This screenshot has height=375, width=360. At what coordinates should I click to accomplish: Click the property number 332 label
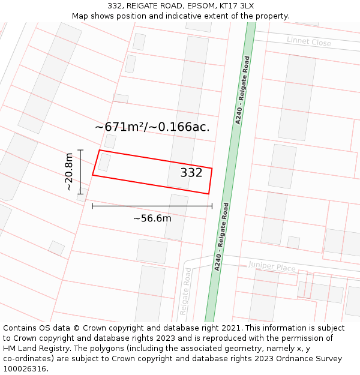click(191, 173)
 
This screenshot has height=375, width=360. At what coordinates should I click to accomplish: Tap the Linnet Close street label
click(309, 41)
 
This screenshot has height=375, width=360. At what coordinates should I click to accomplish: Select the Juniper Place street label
click(272, 266)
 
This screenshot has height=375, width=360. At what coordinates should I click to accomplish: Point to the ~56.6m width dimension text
click(152, 218)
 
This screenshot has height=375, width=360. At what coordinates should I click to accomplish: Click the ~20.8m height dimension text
click(70, 172)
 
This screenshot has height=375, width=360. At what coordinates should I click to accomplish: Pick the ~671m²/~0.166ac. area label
click(152, 127)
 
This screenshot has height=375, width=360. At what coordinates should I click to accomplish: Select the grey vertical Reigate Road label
click(186, 292)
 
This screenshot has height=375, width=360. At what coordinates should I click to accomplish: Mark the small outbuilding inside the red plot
click(104, 162)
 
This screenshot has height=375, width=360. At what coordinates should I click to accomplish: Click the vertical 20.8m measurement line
click(80, 172)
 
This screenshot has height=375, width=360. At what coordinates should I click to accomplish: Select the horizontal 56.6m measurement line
click(152, 206)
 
